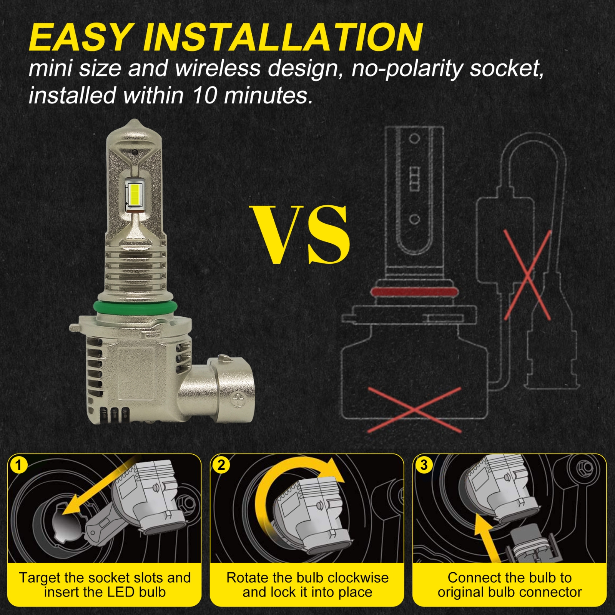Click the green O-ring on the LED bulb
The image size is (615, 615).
(135, 307)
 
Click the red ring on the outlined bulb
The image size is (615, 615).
(415, 292)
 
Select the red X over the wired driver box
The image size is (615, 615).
(527, 275)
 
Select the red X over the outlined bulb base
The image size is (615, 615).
(414, 410)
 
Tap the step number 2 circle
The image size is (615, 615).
(221, 465)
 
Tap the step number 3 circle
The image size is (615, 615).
(424, 465)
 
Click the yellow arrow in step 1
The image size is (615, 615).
(98, 485)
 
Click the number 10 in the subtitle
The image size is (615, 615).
(206, 95)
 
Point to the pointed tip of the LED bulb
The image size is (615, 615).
(133, 120)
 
